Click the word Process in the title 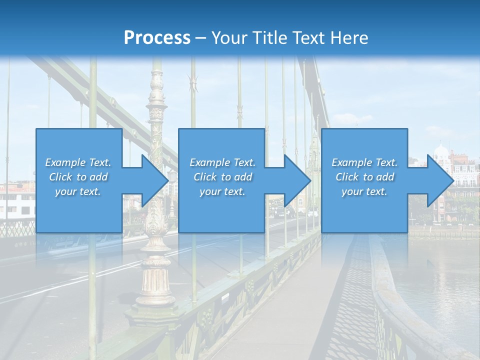click(157, 38)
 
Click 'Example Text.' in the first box click(78, 162)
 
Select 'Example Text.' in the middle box click(222, 162)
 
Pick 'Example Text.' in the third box click(364, 162)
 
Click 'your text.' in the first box click(78, 191)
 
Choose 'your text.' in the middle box click(222, 191)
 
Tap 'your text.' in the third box click(364, 191)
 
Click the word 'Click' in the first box click(60, 177)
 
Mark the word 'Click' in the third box click(347, 177)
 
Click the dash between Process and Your click(201, 38)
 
